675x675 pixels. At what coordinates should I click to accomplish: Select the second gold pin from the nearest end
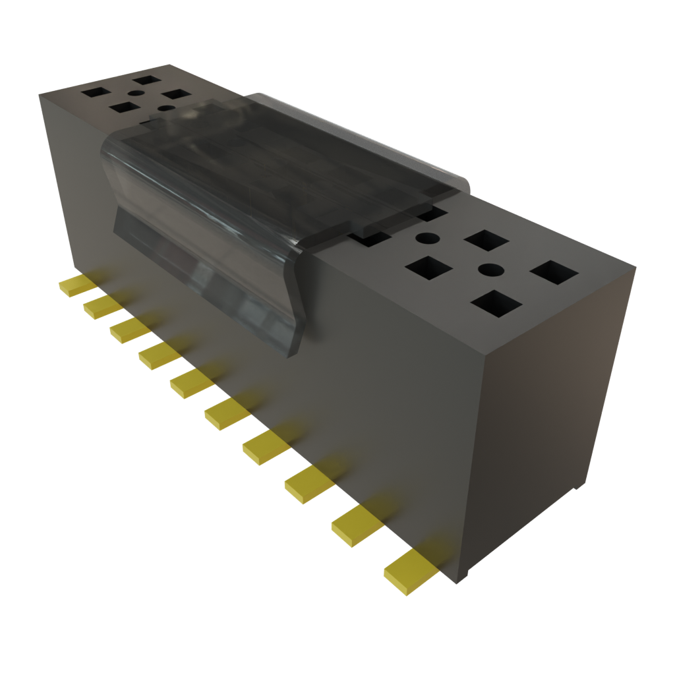coord(357,525)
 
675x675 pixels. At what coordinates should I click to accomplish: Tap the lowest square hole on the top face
coord(496,303)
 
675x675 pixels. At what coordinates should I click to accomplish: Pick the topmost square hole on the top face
coord(146,80)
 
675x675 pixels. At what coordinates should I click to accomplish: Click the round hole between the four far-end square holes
coord(134,94)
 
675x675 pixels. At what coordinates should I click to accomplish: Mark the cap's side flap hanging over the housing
coord(211,264)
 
